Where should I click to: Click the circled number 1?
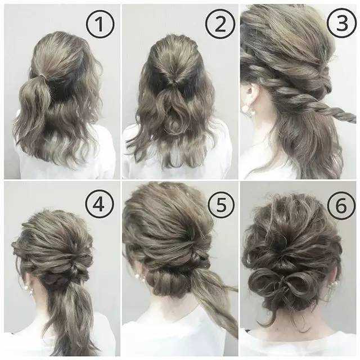click(100, 24)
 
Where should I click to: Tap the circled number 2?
click(220, 24)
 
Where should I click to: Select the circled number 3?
click(341, 23)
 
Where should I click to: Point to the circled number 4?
click(100, 204)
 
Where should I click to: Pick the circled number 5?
click(221, 204)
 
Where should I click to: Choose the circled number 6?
click(341, 206)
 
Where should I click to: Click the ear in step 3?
click(249, 97)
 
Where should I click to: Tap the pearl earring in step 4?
click(30, 291)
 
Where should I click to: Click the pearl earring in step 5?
click(137, 276)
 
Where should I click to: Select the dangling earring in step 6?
click(331, 291)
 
